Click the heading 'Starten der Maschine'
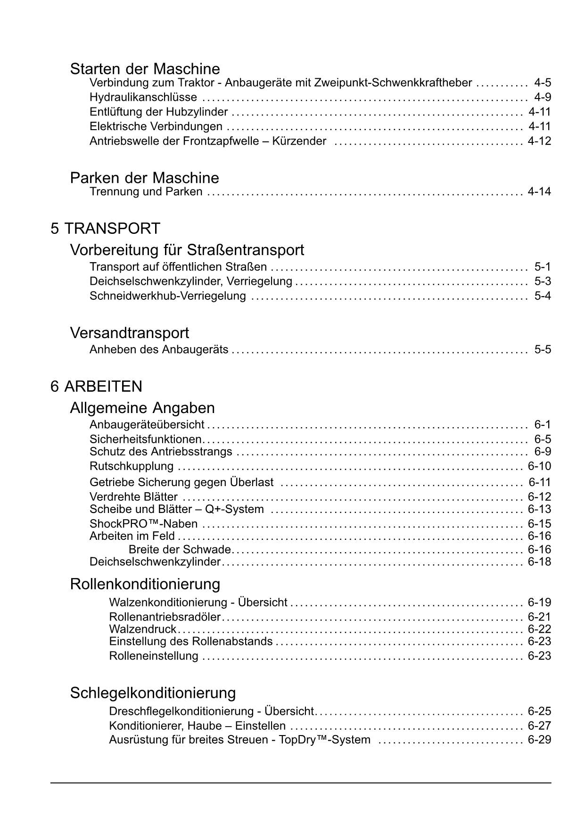pyautogui.click(x=145, y=69)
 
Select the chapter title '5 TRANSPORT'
pyautogui.click(x=105, y=229)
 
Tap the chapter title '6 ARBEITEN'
pyautogui.click(x=96, y=387)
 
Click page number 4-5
pyautogui.click(x=542, y=83)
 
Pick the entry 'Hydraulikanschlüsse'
pyautogui.click(x=143, y=98)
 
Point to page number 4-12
pyautogui.click(x=539, y=141)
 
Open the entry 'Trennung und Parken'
pyautogui.click(x=146, y=192)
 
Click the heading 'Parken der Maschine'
pyautogui.click(x=144, y=178)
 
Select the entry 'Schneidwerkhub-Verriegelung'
pyautogui.click(x=167, y=296)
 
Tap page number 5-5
pyautogui.click(x=542, y=350)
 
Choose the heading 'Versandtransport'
pyautogui.click(x=129, y=333)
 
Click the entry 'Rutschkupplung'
pyautogui.click(x=132, y=466)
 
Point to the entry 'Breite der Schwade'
pyautogui.click(x=180, y=550)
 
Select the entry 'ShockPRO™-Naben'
pyautogui.click(x=143, y=524)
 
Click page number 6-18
pyautogui.click(x=539, y=562)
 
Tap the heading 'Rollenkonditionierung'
pyautogui.click(x=145, y=584)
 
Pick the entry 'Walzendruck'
pyautogui.click(x=142, y=629)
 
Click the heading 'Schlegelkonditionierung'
pyautogui.click(x=153, y=693)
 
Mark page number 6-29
pyautogui.click(x=539, y=740)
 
